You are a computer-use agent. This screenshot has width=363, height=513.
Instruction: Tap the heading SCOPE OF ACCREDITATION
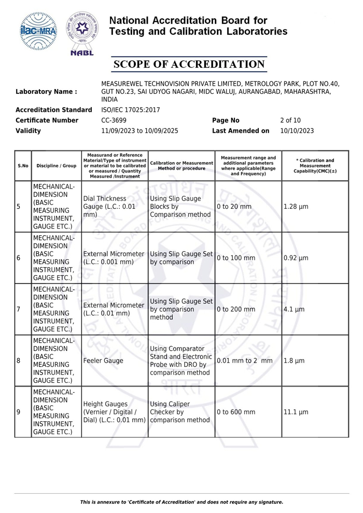click(189, 64)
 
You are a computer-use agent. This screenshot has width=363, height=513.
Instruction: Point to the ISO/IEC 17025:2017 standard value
click(131, 110)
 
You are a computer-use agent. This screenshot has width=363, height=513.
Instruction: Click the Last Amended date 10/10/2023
click(297, 131)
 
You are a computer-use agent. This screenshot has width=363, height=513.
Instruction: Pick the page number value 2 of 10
click(290, 120)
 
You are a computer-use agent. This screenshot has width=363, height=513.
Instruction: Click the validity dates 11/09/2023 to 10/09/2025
click(139, 131)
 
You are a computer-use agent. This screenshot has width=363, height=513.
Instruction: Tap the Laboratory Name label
click(47, 92)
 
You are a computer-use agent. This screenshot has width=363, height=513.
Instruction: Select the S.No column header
click(23, 166)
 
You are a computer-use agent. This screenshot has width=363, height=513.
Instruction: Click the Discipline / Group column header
click(57, 166)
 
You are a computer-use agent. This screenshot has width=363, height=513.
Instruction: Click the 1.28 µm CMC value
click(296, 207)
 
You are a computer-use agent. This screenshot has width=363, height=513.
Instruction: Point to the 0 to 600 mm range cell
click(236, 412)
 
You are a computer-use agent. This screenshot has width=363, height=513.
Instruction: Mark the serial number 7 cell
click(19, 309)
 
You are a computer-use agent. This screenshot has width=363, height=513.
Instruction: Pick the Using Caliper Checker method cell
click(179, 412)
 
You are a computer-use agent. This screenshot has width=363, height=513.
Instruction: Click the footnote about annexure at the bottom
click(181, 502)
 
